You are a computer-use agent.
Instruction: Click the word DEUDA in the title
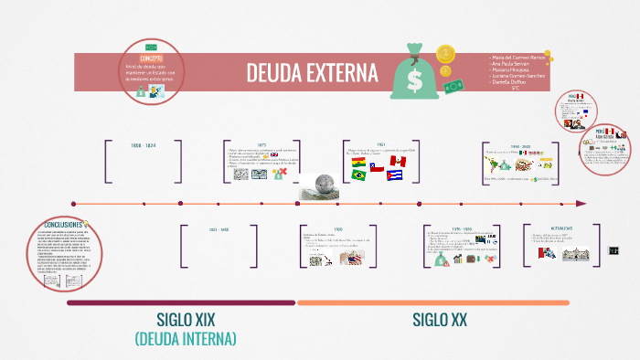276,72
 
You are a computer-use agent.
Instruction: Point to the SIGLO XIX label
187,320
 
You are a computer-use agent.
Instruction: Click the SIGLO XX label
439,320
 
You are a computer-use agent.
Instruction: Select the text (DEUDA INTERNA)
187,339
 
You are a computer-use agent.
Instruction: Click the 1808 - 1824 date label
144,145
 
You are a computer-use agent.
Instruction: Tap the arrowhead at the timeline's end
581,203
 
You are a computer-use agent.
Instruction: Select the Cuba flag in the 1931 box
395,175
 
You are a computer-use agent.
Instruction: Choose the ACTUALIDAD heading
561,228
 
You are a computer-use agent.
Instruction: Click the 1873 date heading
261,143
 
